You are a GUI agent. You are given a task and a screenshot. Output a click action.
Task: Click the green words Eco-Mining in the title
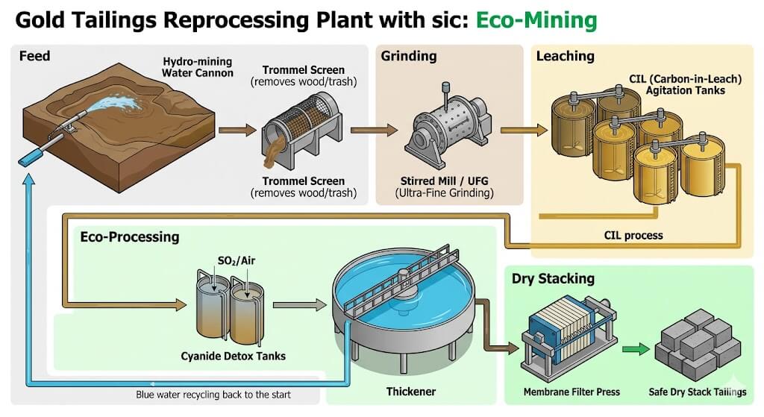click(x=536, y=20)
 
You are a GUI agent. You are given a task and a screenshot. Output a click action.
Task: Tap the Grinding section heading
click(x=408, y=56)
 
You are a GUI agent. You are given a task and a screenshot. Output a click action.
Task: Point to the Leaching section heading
click(x=565, y=56)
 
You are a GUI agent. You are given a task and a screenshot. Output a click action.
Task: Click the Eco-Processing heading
click(x=130, y=236)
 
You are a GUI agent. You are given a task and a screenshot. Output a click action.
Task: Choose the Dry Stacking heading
click(x=553, y=278)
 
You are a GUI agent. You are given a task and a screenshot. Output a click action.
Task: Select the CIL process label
click(x=633, y=236)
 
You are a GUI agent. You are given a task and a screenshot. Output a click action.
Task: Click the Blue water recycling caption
click(x=213, y=394)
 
